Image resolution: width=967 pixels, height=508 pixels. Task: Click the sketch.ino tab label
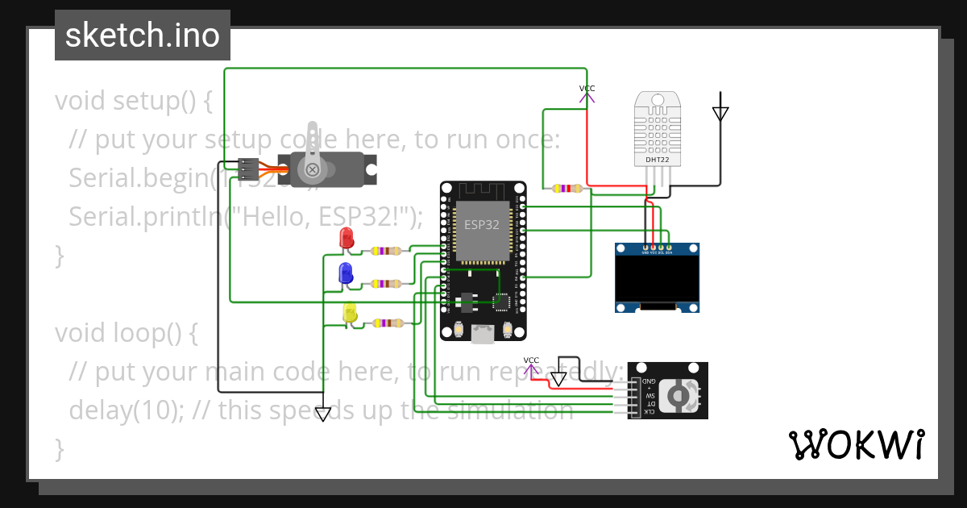point(142,35)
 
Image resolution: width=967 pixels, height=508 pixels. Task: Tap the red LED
point(347,238)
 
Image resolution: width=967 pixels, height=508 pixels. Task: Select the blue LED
point(346,273)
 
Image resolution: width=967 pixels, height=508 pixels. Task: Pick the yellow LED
point(350,313)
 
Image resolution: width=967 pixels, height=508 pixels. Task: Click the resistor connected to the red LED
point(387,251)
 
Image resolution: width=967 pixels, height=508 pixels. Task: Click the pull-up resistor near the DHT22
point(567,189)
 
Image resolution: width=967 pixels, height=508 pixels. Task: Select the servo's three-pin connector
point(248,169)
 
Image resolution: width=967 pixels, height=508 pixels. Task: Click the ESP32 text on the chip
point(482,225)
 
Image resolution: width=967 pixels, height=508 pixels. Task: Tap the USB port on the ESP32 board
point(483,333)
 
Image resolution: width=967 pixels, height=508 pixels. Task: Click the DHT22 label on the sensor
point(657,160)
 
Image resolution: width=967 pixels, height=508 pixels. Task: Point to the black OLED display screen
point(657,277)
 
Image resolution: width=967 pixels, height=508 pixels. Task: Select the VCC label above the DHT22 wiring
point(587,89)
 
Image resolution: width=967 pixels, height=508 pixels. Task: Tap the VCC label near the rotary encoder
point(531,360)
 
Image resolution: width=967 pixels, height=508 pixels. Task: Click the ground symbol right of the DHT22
point(720,114)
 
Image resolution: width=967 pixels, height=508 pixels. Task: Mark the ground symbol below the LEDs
point(323,414)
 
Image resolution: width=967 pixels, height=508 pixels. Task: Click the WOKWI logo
point(856,444)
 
